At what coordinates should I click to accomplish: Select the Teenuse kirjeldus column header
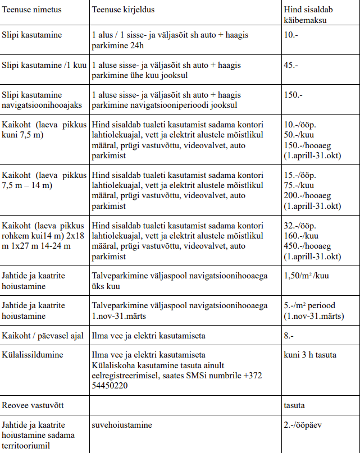122,11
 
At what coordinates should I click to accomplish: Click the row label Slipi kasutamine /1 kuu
44,65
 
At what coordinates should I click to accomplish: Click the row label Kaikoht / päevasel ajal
42,336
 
